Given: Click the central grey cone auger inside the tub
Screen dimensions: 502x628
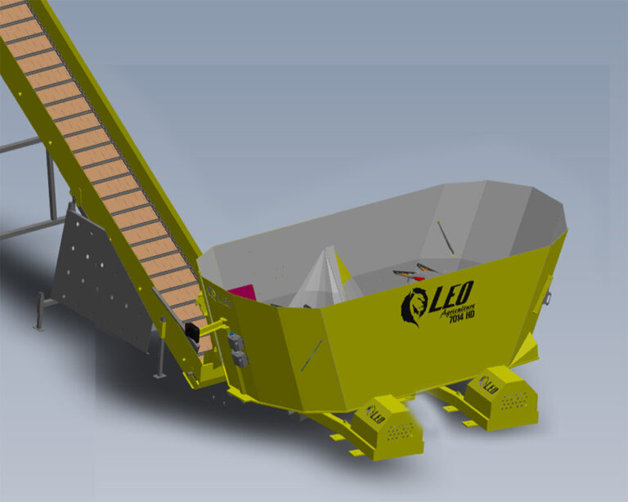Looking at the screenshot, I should [321, 278].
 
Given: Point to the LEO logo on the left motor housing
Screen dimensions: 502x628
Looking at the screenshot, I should [375, 414].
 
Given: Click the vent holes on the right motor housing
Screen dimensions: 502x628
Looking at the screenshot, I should [514, 401].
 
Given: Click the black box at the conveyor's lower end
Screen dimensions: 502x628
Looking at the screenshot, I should [193, 330].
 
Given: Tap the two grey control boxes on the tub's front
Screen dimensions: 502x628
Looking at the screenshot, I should [236, 347].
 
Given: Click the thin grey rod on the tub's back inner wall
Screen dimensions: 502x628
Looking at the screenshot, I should [445, 235].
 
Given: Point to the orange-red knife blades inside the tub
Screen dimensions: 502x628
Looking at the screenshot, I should [413, 271].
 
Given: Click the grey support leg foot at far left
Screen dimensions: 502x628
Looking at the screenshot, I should [38, 326].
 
